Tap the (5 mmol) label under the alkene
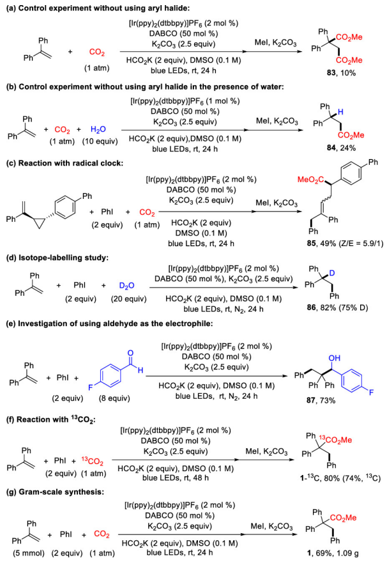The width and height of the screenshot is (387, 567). click(23, 555)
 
